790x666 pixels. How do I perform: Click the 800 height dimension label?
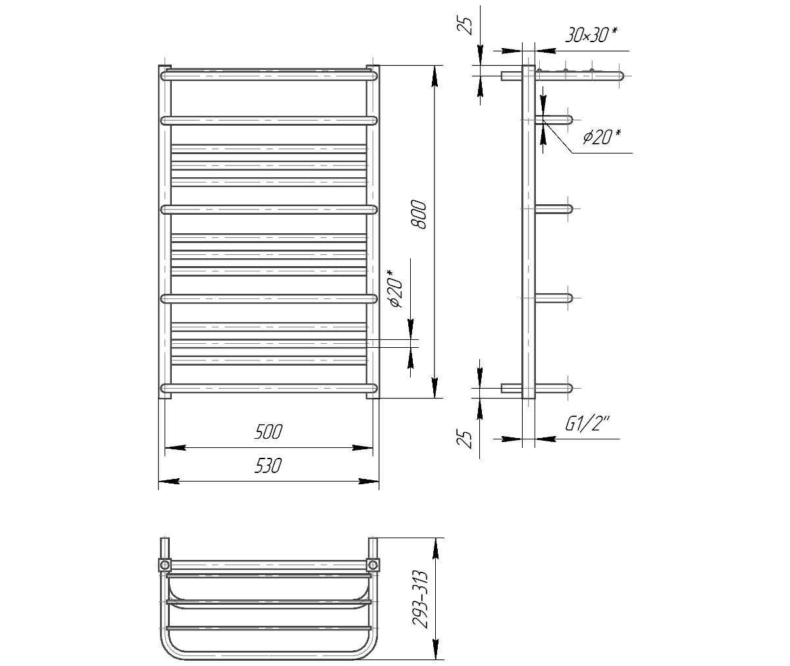tap(419, 215)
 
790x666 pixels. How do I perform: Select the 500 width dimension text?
tap(268, 432)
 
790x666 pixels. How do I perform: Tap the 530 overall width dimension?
tap(268, 466)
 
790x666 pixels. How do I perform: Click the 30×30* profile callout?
tap(592, 35)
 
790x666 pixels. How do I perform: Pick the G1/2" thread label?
tap(588, 424)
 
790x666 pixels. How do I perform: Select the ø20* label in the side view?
tap(602, 137)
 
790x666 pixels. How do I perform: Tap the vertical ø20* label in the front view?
tap(396, 289)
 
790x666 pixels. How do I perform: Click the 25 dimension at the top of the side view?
tap(467, 26)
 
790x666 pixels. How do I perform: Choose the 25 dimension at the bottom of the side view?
tap(467, 439)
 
